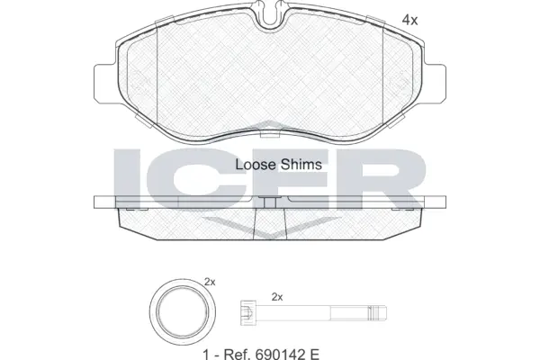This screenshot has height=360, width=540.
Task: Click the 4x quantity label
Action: point(409,19)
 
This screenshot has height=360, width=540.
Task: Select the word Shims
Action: point(303,165)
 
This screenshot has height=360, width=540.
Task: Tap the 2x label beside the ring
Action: point(210,283)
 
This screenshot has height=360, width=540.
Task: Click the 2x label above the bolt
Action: point(277,297)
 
